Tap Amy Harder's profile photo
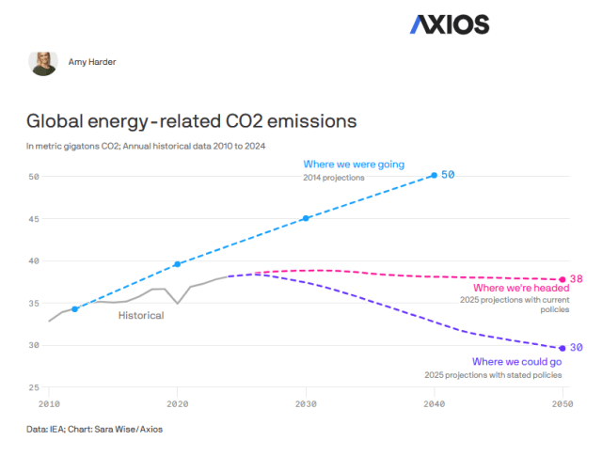43,63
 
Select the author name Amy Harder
92,63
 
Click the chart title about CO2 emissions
191,121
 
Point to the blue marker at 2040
434,175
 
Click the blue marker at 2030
306,218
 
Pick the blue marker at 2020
178,264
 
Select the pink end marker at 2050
562,279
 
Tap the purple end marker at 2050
562,348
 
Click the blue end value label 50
449,175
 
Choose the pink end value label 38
577,279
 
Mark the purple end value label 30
577,348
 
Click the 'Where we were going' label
354,165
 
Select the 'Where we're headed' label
515,288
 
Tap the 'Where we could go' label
516,362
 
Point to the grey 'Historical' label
141,316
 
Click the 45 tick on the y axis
33,219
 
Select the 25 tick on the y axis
33,387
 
